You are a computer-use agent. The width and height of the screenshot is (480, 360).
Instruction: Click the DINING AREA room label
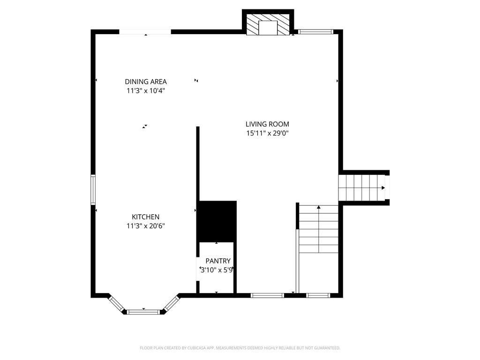pos(145,82)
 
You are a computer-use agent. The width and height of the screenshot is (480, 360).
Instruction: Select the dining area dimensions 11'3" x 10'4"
pos(145,91)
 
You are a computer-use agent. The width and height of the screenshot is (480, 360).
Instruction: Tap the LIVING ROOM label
pos(267,124)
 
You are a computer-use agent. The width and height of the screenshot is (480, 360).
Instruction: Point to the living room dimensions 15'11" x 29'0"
pos(267,133)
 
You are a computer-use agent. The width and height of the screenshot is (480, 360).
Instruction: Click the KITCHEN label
pos(145,217)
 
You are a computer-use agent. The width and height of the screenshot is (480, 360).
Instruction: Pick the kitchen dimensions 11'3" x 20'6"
pos(145,226)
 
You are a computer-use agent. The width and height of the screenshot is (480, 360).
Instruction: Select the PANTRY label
pos(218,261)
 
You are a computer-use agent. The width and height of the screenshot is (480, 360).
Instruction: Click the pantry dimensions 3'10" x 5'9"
pos(217,270)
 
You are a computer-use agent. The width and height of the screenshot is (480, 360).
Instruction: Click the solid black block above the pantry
pos(217,221)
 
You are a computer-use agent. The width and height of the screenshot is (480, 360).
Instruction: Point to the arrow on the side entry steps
pos(383,188)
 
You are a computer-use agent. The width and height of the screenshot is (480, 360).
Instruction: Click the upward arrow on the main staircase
pos(319,207)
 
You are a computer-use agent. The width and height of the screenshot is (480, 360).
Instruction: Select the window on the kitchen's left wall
pos(93,189)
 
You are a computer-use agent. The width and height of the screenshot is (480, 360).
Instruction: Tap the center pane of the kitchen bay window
pos(143,311)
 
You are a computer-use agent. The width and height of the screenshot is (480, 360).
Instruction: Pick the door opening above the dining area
pos(145,32)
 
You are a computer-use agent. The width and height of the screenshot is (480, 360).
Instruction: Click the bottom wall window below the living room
pos(267,295)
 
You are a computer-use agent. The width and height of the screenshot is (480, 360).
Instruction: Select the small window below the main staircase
pos(318,295)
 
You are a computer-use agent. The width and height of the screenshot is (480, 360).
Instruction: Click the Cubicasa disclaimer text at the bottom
pos(240,348)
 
